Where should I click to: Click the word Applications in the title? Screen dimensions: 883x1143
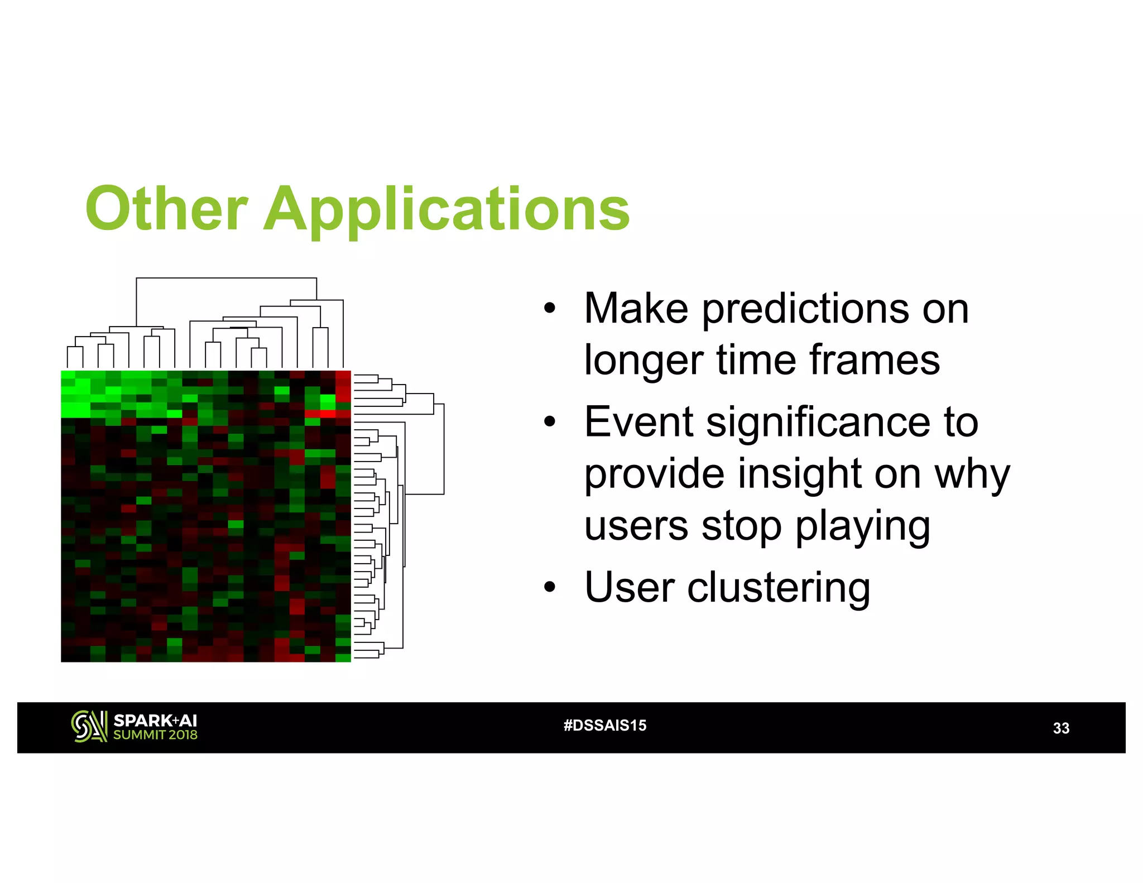pos(446,209)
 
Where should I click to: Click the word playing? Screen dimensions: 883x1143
pos(862,526)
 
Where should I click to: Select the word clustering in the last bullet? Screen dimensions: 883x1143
pos(778,588)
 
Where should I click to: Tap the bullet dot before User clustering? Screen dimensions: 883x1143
pos(550,587)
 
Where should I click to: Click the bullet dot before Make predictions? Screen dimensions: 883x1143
pos(550,308)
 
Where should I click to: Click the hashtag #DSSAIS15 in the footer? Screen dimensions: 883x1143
pos(604,725)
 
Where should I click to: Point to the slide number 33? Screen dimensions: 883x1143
pos(1060,728)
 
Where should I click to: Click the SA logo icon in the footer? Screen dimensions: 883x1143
pos(89,726)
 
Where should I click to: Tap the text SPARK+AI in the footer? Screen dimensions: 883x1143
pos(155,721)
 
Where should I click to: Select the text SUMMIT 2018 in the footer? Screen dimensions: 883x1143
pos(155,735)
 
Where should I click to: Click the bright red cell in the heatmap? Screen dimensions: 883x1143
pos(320,414)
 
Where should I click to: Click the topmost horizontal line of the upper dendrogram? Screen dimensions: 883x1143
pos(226,278)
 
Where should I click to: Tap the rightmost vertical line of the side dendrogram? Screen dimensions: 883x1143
pos(444,449)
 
